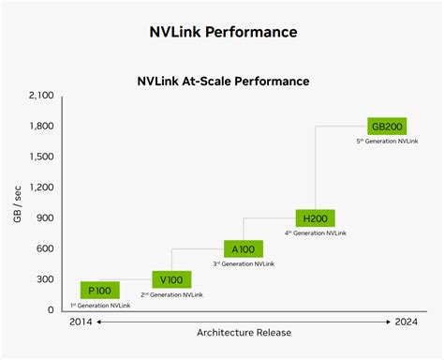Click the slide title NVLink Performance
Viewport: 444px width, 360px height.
223,32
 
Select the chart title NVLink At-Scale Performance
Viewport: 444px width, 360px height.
223,81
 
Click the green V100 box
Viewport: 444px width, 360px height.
171,278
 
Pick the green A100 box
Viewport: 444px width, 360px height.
243,248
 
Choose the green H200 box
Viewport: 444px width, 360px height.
315,217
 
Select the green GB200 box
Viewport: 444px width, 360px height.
386,126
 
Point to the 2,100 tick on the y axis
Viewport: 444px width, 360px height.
42,96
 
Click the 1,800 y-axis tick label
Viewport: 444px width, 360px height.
42,126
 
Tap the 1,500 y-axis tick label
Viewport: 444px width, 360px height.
42,157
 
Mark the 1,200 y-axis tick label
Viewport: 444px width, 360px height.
42,187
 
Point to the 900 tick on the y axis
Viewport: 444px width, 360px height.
47,217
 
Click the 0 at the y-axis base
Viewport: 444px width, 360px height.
52,309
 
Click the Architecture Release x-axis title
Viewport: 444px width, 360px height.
244,332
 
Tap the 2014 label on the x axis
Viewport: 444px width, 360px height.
81,322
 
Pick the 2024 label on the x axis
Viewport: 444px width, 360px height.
407,322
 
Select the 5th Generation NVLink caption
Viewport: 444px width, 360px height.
387,142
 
